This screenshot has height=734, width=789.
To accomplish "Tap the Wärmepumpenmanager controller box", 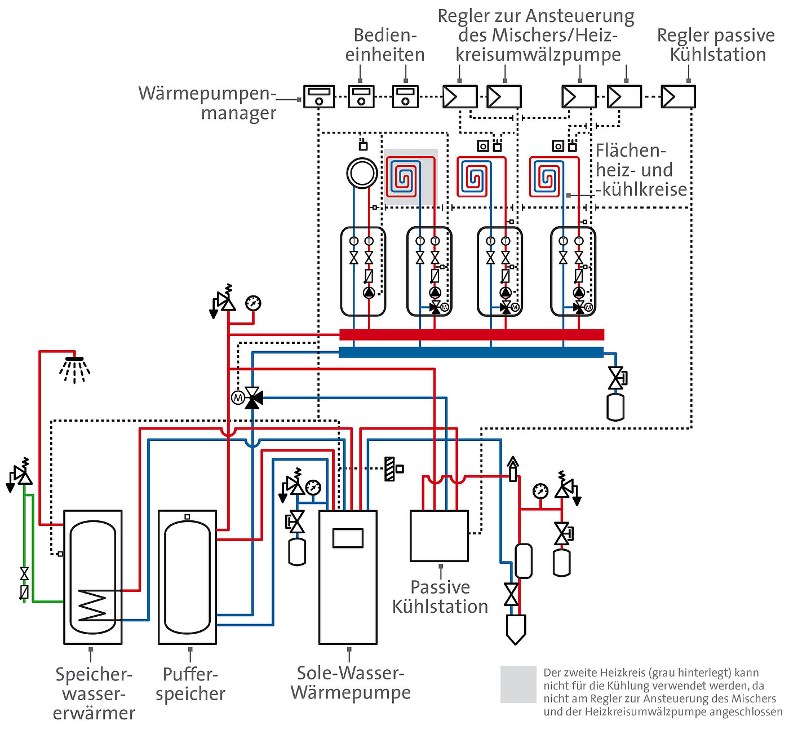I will [319, 96].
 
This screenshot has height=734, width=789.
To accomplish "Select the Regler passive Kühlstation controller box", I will [678, 96].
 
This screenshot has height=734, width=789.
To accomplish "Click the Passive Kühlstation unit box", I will [439, 536].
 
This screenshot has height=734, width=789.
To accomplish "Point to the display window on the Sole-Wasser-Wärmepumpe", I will [348, 538].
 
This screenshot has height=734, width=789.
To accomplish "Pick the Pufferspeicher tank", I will [187, 577].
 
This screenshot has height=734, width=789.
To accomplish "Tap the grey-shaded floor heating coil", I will [411, 177].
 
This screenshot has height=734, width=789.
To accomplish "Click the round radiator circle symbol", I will [362, 173].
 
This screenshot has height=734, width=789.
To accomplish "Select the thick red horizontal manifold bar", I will [472, 335].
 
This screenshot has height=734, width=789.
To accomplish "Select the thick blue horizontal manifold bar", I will [471, 352].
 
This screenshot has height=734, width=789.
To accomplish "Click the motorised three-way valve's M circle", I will [238, 397].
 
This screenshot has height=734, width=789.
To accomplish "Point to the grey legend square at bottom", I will [518, 684].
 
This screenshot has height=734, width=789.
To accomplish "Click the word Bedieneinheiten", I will [385, 45].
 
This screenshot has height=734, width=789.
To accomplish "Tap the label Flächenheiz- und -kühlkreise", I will [641, 170].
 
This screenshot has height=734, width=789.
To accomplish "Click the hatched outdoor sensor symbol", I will [389, 468].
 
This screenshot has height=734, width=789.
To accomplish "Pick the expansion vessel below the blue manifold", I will [615, 407].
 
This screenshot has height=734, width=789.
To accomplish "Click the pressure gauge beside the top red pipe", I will [254, 303].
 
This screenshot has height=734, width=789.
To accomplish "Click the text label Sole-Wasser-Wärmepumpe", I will [351, 682].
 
